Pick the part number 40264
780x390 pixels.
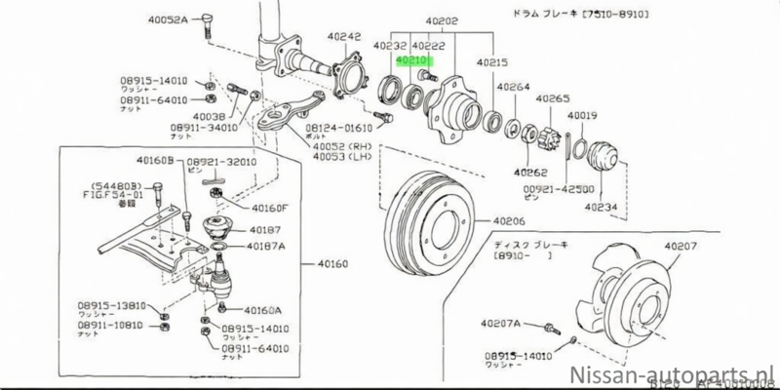tap(515, 86)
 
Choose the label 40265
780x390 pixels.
tap(552, 98)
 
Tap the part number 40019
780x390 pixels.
tap(582, 116)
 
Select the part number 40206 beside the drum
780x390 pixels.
tap(507, 222)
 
